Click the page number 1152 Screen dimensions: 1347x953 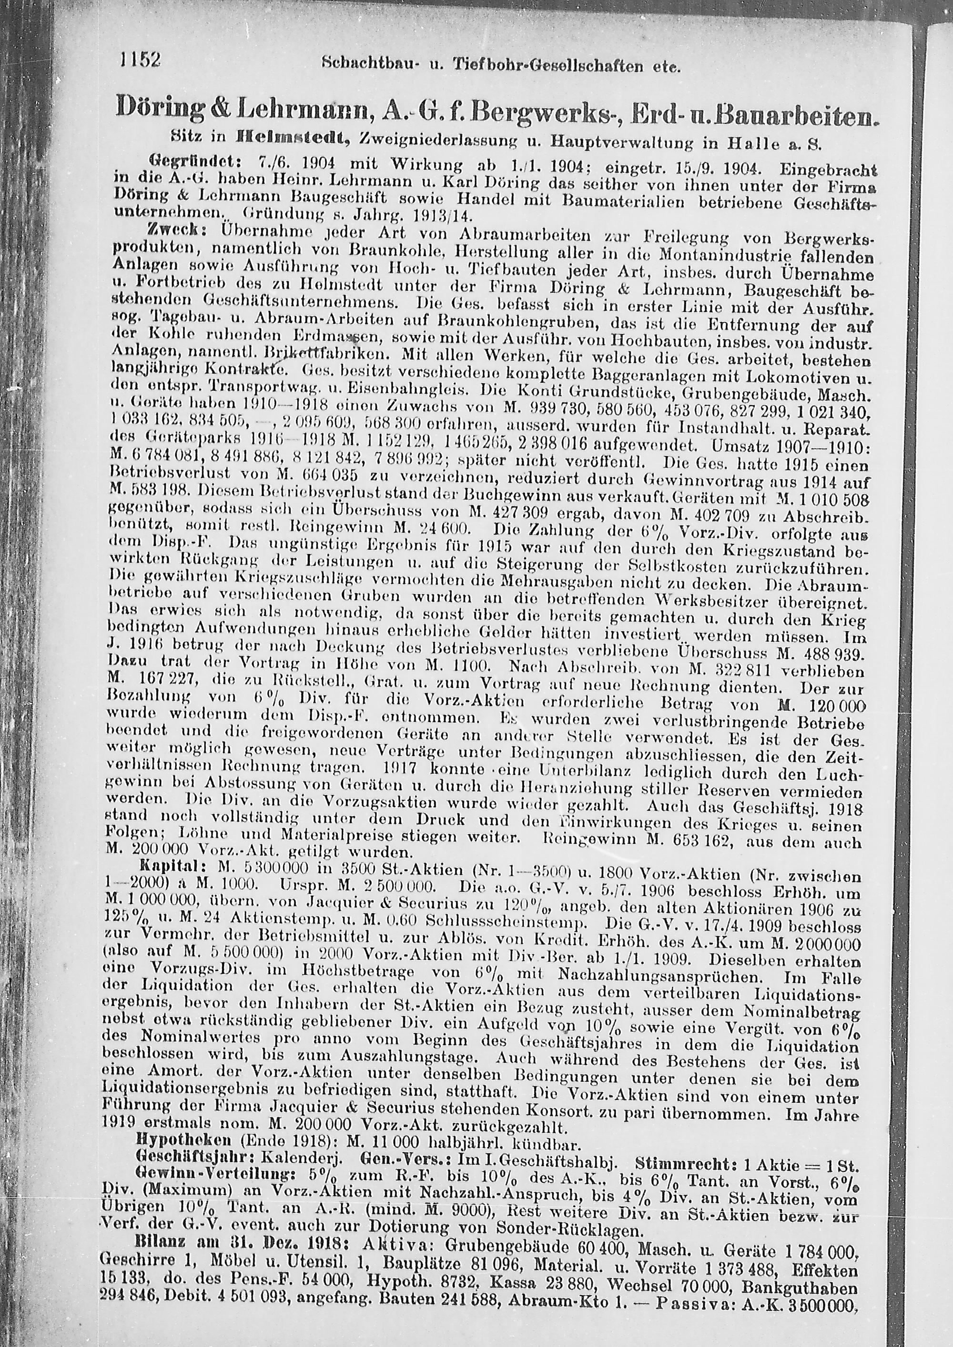140,61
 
